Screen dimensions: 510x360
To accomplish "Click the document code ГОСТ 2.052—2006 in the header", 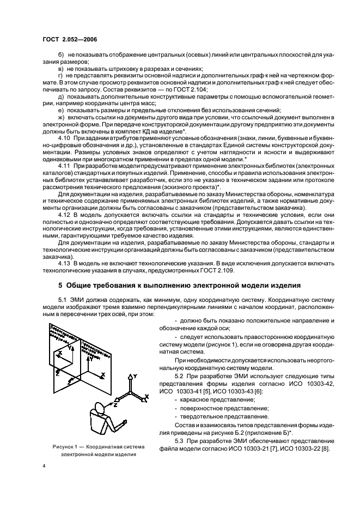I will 66,40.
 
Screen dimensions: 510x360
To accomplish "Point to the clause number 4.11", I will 65,165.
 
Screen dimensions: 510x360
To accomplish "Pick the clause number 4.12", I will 65,215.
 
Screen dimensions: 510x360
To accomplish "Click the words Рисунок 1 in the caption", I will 66,446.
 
